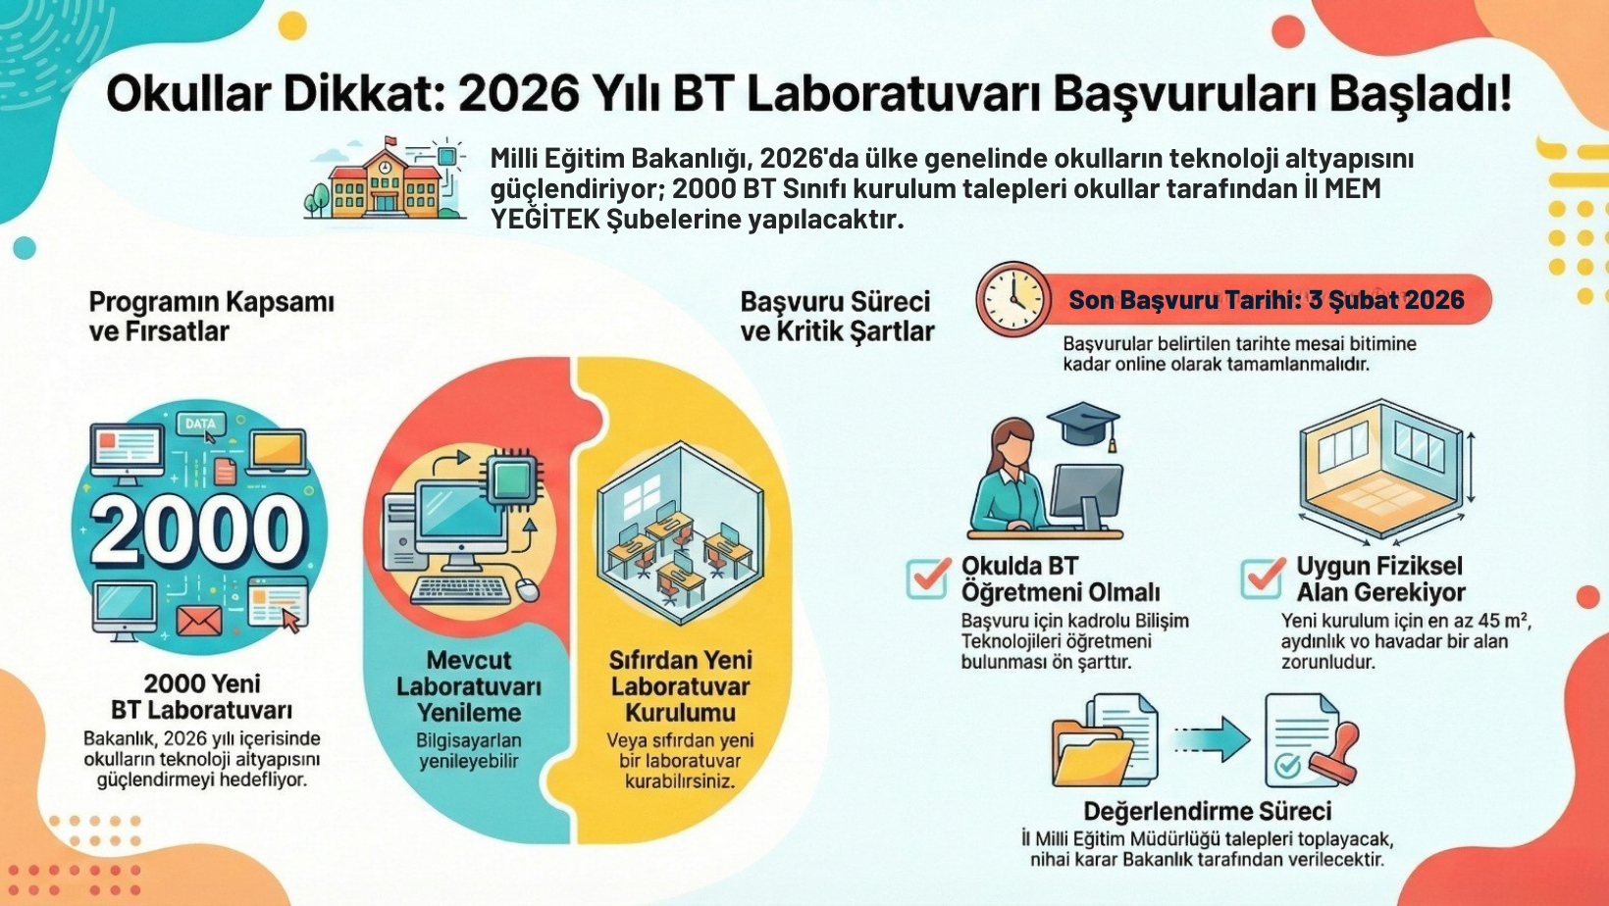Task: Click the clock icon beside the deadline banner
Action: click(x=1012, y=299)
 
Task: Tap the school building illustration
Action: click(x=385, y=179)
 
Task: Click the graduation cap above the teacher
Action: click(x=1083, y=425)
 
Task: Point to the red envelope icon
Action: click(x=199, y=621)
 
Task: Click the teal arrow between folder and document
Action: click(x=1212, y=740)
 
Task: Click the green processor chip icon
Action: click(x=512, y=476)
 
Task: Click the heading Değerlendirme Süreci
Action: click(x=1208, y=811)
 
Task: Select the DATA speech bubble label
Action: click(x=200, y=424)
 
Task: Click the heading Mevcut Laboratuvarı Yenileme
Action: click(x=469, y=686)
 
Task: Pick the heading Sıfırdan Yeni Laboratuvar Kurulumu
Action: click(x=680, y=686)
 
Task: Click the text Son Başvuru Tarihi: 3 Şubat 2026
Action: click(x=1267, y=300)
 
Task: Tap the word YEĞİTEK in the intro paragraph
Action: click(x=545, y=220)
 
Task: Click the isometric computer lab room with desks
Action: click(x=680, y=532)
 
